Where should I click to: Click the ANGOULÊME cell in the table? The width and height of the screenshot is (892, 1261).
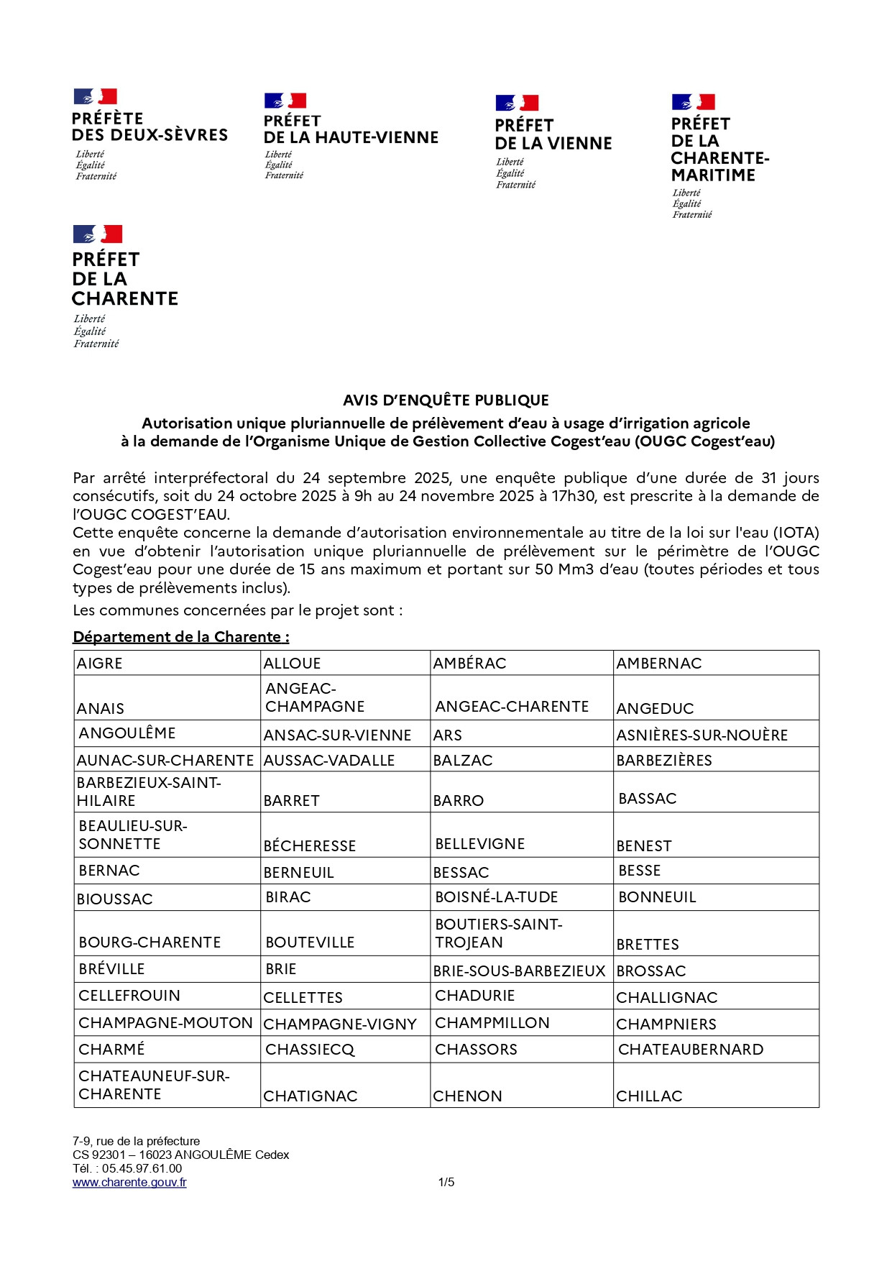coord(127,733)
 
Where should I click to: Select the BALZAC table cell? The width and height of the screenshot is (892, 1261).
coord(463,761)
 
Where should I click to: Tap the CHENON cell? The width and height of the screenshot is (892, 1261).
coord(468,1096)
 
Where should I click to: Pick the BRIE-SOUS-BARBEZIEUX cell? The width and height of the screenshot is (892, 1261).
coord(519,971)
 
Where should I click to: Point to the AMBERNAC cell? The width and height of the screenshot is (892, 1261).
coord(659,664)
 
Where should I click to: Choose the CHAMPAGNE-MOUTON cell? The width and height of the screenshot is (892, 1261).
coord(165,1023)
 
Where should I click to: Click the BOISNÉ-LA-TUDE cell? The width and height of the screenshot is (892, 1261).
coord(497,897)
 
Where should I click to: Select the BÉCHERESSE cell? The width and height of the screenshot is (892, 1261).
coord(310,846)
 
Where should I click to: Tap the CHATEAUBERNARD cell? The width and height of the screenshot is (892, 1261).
coord(691,1050)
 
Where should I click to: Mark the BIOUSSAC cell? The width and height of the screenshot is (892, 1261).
coord(115,899)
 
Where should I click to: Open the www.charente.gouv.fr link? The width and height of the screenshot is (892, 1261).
coord(129,1182)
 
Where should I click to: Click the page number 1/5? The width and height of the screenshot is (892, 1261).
coord(446,1182)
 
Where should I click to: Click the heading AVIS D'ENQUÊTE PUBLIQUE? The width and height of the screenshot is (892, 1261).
coord(446,400)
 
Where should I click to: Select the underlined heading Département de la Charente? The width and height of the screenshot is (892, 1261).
coord(181,637)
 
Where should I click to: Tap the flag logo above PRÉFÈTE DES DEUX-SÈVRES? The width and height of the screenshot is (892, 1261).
coord(95,96)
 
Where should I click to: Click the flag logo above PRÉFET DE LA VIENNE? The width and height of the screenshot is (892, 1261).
coord(517,103)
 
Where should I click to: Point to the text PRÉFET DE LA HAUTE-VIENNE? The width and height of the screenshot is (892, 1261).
coord(351,129)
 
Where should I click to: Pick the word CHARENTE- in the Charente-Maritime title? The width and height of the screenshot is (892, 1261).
coord(720,158)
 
